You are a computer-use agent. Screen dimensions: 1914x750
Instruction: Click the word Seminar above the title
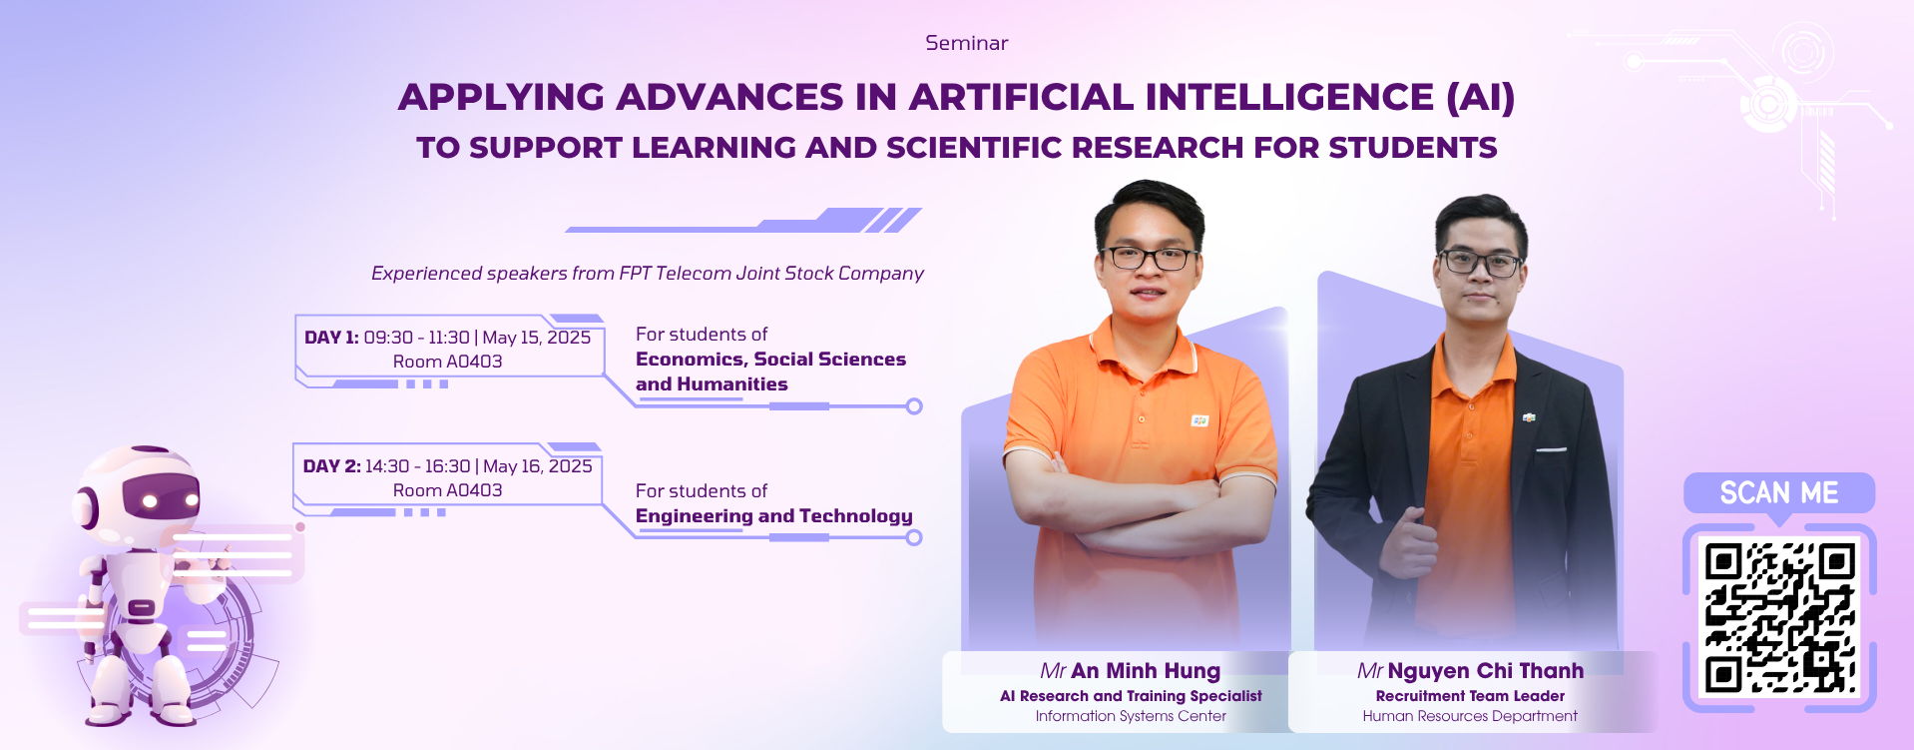(x=966, y=43)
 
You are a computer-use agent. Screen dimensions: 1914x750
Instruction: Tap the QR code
(x=1779, y=618)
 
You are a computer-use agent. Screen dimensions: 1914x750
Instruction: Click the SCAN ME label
(x=1779, y=492)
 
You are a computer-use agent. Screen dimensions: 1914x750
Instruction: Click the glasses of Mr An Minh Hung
(x=1149, y=258)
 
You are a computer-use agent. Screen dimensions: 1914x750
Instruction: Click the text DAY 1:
(x=331, y=338)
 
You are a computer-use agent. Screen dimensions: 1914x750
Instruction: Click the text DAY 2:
(x=331, y=466)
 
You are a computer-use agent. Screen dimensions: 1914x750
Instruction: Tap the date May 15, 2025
(x=537, y=338)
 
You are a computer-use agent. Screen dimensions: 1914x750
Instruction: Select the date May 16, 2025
(x=538, y=466)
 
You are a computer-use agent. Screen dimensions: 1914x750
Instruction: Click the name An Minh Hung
(x=1146, y=671)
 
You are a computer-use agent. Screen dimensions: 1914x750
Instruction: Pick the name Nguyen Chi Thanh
(x=1486, y=671)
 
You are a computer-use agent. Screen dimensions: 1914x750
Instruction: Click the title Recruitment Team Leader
(x=1470, y=696)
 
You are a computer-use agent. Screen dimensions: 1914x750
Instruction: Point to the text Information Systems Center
(x=1131, y=716)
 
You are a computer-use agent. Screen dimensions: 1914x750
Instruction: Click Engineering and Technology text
(x=774, y=516)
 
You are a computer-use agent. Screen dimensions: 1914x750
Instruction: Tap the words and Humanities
(x=712, y=384)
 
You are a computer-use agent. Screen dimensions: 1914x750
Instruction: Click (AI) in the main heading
(x=1481, y=98)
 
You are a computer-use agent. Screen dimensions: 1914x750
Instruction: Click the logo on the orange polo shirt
(x=1199, y=421)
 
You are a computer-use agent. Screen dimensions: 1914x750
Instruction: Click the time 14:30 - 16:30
(x=417, y=466)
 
